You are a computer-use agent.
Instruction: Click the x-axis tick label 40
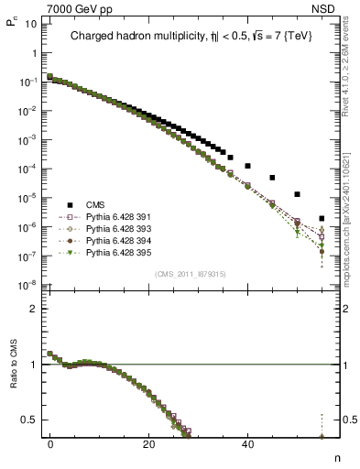[247, 444]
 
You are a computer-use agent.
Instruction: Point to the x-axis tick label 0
[50, 444]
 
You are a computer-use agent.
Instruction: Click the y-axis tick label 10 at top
[29, 23]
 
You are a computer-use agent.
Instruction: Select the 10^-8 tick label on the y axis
[27, 285]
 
